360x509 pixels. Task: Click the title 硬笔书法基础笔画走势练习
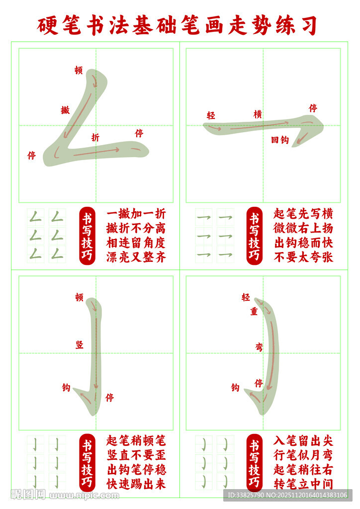click(x=177, y=25)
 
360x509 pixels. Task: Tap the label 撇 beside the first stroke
click(x=65, y=110)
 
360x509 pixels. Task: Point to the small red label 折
click(x=95, y=137)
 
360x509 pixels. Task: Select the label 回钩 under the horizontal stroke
click(x=280, y=140)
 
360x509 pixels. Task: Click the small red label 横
click(x=258, y=114)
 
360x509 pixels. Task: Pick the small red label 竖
click(x=80, y=345)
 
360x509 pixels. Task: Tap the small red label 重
click(x=254, y=312)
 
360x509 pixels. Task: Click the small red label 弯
click(x=259, y=347)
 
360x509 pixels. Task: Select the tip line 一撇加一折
click(x=136, y=214)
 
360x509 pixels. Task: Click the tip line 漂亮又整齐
click(x=136, y=257)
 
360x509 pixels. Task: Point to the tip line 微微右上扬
click(x=303, y=228)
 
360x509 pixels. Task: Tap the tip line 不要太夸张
click(x=303, y=257)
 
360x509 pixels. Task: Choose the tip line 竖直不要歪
click(x=136, y=455)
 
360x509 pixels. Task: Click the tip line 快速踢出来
click(x=136, y=484)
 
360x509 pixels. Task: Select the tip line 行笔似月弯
click(x=303, y=455)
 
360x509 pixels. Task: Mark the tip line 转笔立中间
click(x=303, y=484)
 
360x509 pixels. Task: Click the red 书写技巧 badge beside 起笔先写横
click(x=254, y=236)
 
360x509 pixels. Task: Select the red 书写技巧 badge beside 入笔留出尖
click(x=254, y=463)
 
